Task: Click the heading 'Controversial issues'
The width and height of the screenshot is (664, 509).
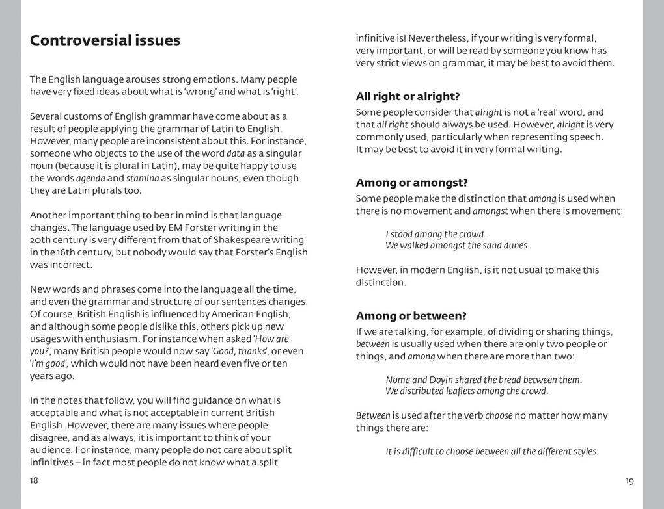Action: [x=105, y=40]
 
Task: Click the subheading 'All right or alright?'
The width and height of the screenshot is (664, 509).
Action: [x=408, y=96]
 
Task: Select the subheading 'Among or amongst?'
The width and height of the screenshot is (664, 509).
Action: [x=411, y=183]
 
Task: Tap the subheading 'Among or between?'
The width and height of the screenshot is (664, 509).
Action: [x=411, y=316]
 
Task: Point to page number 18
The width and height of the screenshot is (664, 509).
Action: [x=34, y=480]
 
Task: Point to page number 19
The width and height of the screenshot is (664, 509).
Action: [x=629, y=481]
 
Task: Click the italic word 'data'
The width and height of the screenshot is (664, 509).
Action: [x=236, y=153]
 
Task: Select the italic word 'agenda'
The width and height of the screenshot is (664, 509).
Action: [x=90, y=178]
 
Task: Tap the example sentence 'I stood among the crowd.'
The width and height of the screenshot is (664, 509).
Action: [x=436, y=234]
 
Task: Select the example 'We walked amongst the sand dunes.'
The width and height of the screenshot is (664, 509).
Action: [x=457, y=246]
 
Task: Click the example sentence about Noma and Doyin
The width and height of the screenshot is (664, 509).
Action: [x=483, y=380]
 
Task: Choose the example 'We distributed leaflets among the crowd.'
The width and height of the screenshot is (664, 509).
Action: [x=466, y=391]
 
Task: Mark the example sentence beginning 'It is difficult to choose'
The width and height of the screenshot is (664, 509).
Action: [x=491, y=452]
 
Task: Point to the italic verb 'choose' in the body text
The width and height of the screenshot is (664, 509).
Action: [x=499, y=415]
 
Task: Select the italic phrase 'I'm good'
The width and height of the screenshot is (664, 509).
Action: [x=49, y=363]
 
